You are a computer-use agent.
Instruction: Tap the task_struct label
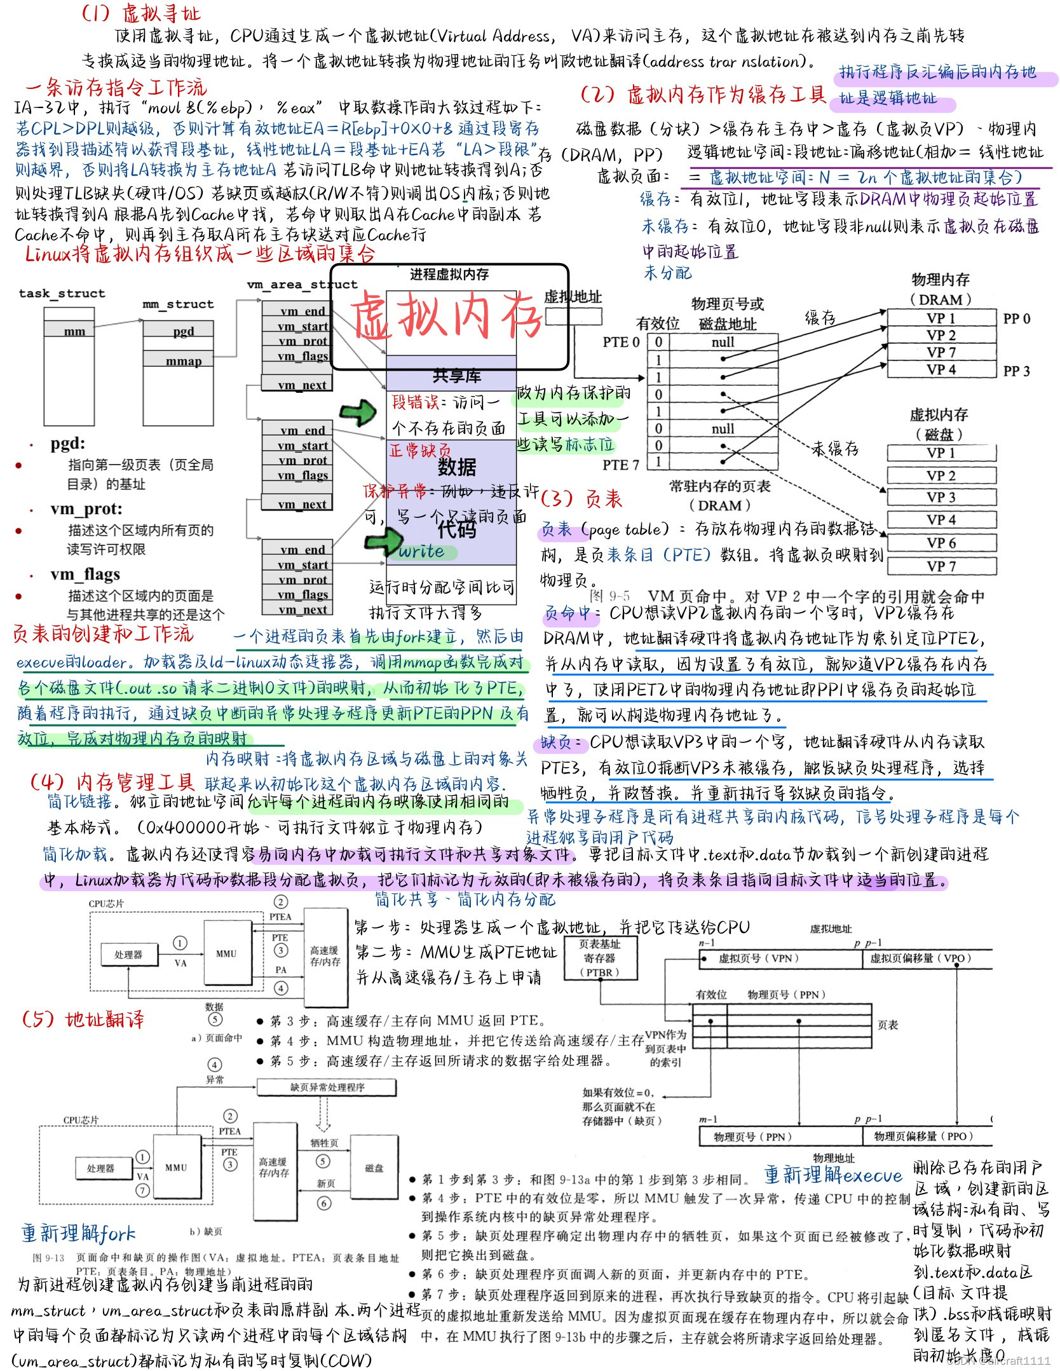coord(62,293)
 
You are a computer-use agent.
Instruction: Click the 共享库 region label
coord(456,376)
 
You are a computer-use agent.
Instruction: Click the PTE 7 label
coord(620,465)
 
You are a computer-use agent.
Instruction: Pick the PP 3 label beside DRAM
coord(1016,371)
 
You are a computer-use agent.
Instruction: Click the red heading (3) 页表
coord(581,498)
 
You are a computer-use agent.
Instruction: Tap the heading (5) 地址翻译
coord(83,1019)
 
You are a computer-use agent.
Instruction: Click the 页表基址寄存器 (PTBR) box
coord(599,958)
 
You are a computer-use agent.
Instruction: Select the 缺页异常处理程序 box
coord(327,1087)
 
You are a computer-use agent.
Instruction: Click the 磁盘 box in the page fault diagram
coord(374,1168)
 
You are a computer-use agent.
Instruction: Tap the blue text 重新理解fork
coord(78,1233)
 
